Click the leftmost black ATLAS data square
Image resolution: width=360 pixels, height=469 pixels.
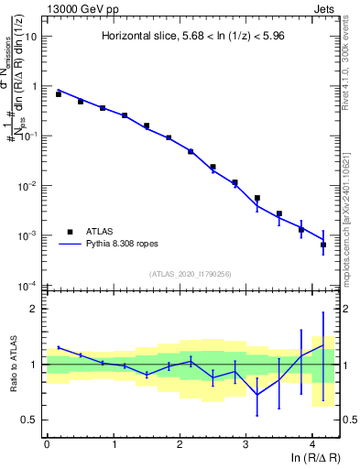(58, 94)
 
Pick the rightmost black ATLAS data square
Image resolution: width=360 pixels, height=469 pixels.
(323, 245)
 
